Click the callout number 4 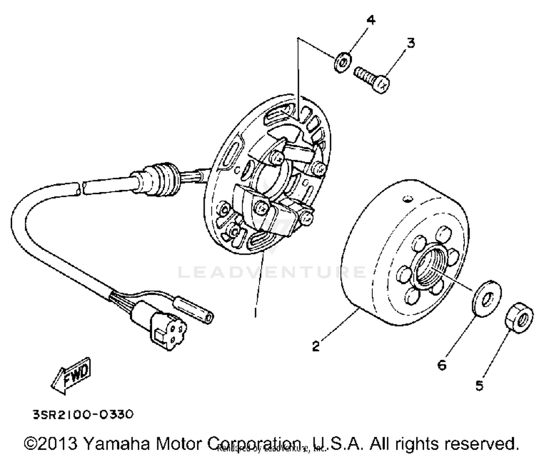point(370,20)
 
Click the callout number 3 point(410,43)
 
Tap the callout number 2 point(316,346)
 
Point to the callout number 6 point(442,365)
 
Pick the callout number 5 point(479,385)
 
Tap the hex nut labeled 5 point(519,318)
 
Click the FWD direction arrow point(71,375)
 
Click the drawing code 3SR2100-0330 point(83,414)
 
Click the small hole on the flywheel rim point(408,199)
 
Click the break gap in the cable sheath point(81,188)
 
